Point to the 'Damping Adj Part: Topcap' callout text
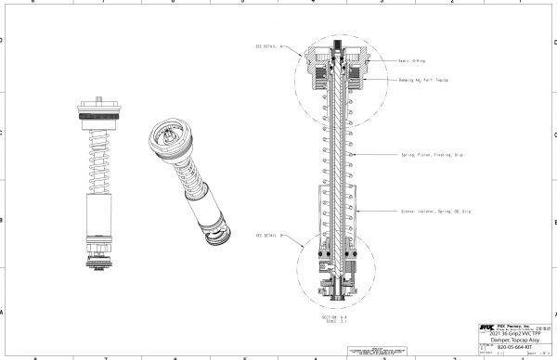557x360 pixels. tap(423, 81)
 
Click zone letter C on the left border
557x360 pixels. tap(3, 133)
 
